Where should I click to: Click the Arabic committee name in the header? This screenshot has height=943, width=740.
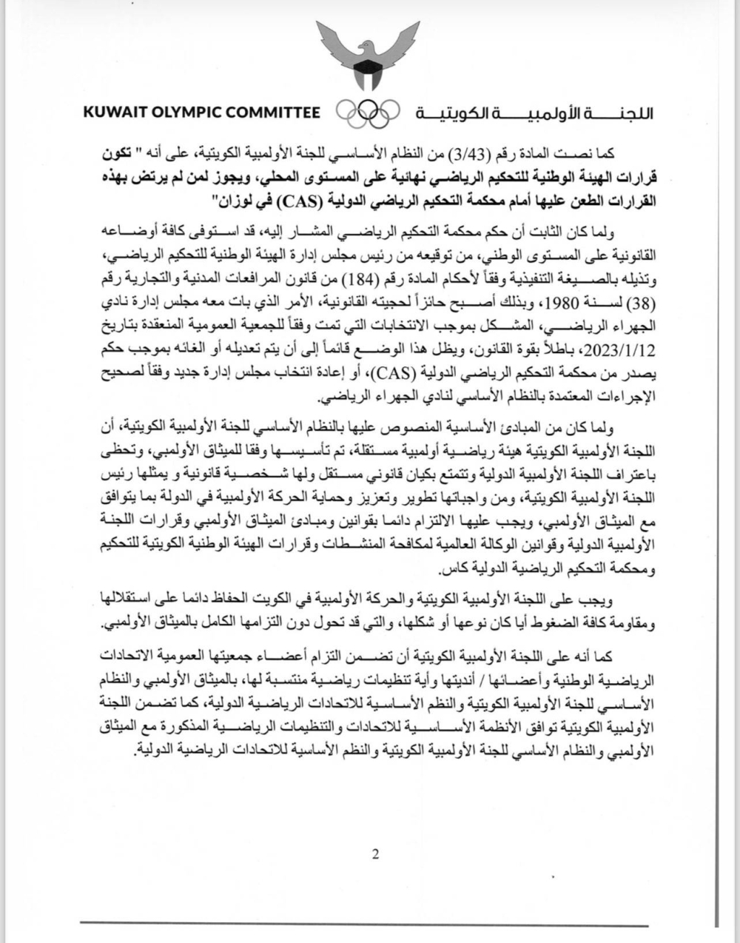click(x=534, y=113)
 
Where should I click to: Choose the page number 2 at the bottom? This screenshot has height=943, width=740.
click(x=375, y=855)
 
